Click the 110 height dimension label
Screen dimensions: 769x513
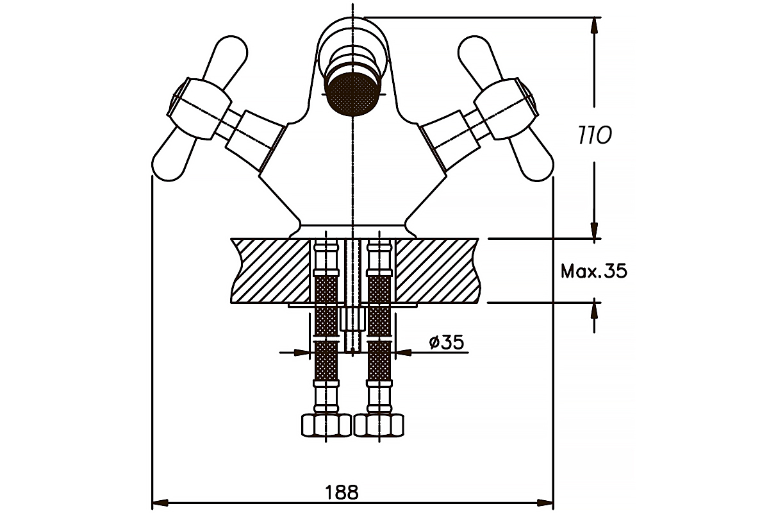coord(595,135)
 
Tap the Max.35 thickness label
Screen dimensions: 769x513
coord(594,271)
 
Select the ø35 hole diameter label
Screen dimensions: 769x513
coord(446,342)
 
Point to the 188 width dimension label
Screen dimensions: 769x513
coord(342,492)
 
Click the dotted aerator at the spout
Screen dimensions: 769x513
coord(352,94)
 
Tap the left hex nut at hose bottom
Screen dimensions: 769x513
coord(326,426)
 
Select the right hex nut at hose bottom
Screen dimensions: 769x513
coord(379,426)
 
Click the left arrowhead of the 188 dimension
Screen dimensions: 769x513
coord(160,503)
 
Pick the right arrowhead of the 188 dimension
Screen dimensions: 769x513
coord(545,503)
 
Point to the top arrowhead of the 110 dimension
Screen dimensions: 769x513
coord(594,25)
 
